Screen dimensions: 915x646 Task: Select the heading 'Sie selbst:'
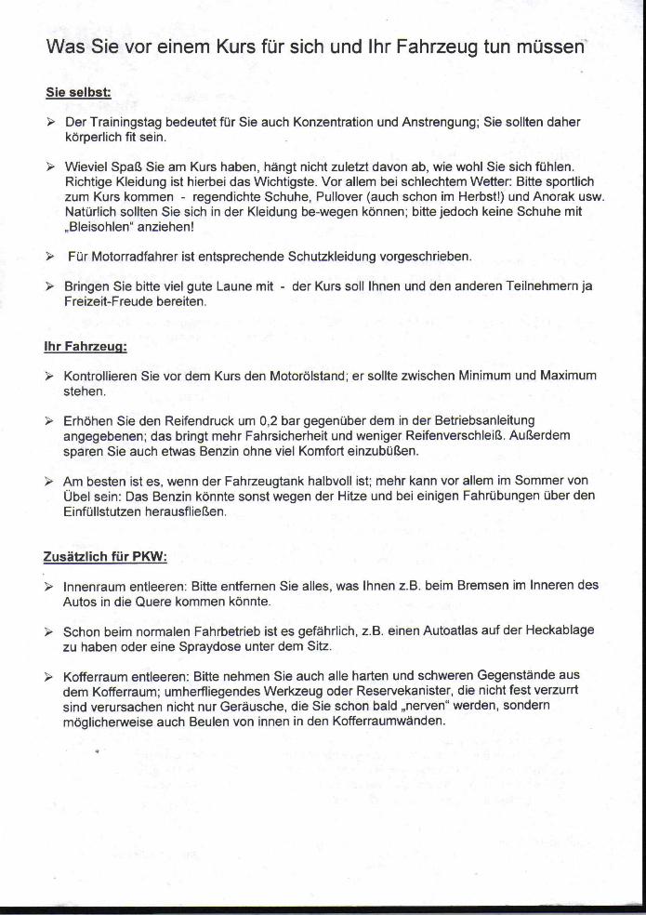(x=78, y=93)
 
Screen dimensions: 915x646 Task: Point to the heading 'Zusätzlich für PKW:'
(x=104, y=557)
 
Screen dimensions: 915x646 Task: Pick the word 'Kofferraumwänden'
(x=391, y=721)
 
